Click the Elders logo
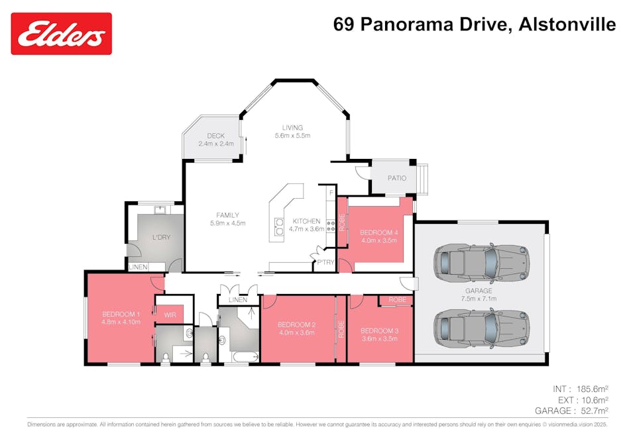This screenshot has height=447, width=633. click(61, 33)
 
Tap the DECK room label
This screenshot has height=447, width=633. click(215, 136)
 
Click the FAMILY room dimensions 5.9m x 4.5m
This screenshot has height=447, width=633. click(227, 223)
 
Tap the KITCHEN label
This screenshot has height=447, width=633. click(306, 221)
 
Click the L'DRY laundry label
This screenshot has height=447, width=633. click(160, 237)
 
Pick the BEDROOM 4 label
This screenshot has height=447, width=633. click(379, 232)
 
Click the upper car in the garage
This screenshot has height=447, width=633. click(481, 262)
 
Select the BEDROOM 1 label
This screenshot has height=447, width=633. click(121, 314)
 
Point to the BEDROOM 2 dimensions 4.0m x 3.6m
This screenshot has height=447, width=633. click(296, 332)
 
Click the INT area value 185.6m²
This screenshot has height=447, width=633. click(592, 389)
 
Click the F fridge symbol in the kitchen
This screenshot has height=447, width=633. click(330, 192)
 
